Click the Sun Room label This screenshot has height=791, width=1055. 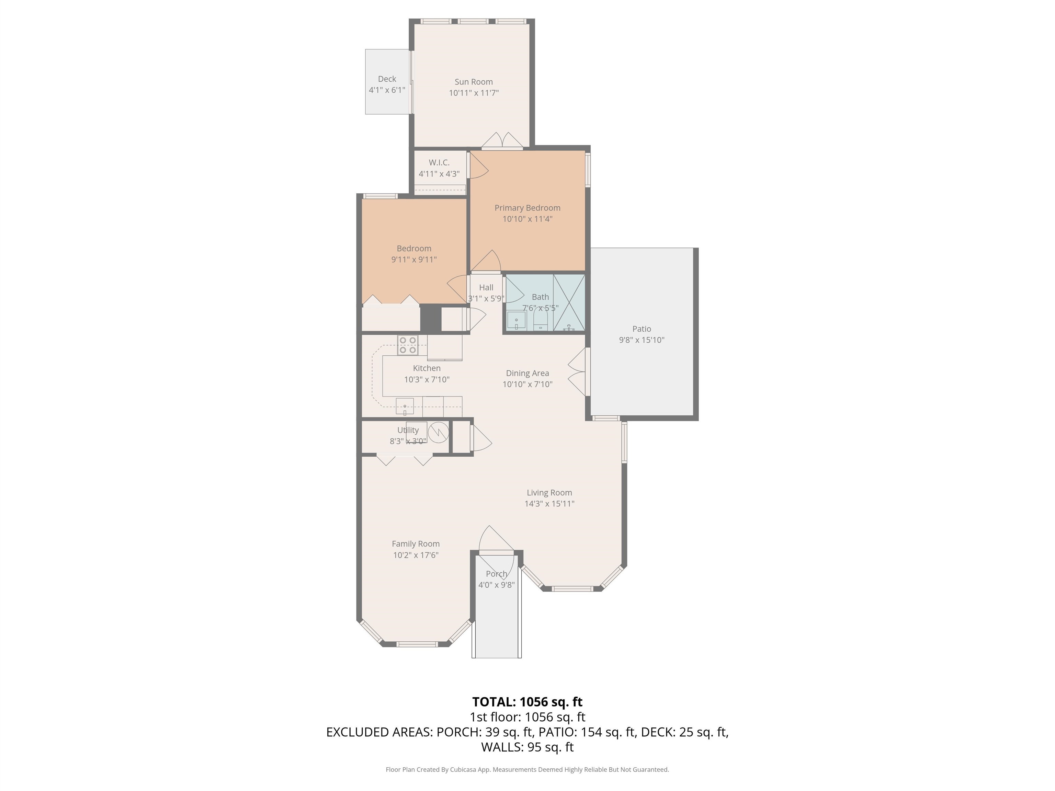tap(474, 82)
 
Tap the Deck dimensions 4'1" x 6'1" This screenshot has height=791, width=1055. tap(387, 90)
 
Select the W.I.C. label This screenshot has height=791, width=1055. tap(439, 163)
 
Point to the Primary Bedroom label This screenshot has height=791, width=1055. tap(527, 208)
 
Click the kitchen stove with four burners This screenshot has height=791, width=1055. tap(408, 345)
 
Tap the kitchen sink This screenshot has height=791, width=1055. tap(405, 406)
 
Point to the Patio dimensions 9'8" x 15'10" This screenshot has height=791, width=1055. tap(642, 340)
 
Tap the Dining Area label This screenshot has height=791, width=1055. tap(527, 373)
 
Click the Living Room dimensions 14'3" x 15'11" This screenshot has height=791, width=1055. tap(549, 504)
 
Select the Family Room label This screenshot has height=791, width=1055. tap(416, 544)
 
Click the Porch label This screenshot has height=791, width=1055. tap(497, 574)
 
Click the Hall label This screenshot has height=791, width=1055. tap(486, 287)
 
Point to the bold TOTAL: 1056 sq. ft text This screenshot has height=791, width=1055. tap(527, 702)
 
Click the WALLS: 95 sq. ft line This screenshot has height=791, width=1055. tap(527, 747)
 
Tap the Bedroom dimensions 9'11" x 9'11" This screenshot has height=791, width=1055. tap(414, 260)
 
